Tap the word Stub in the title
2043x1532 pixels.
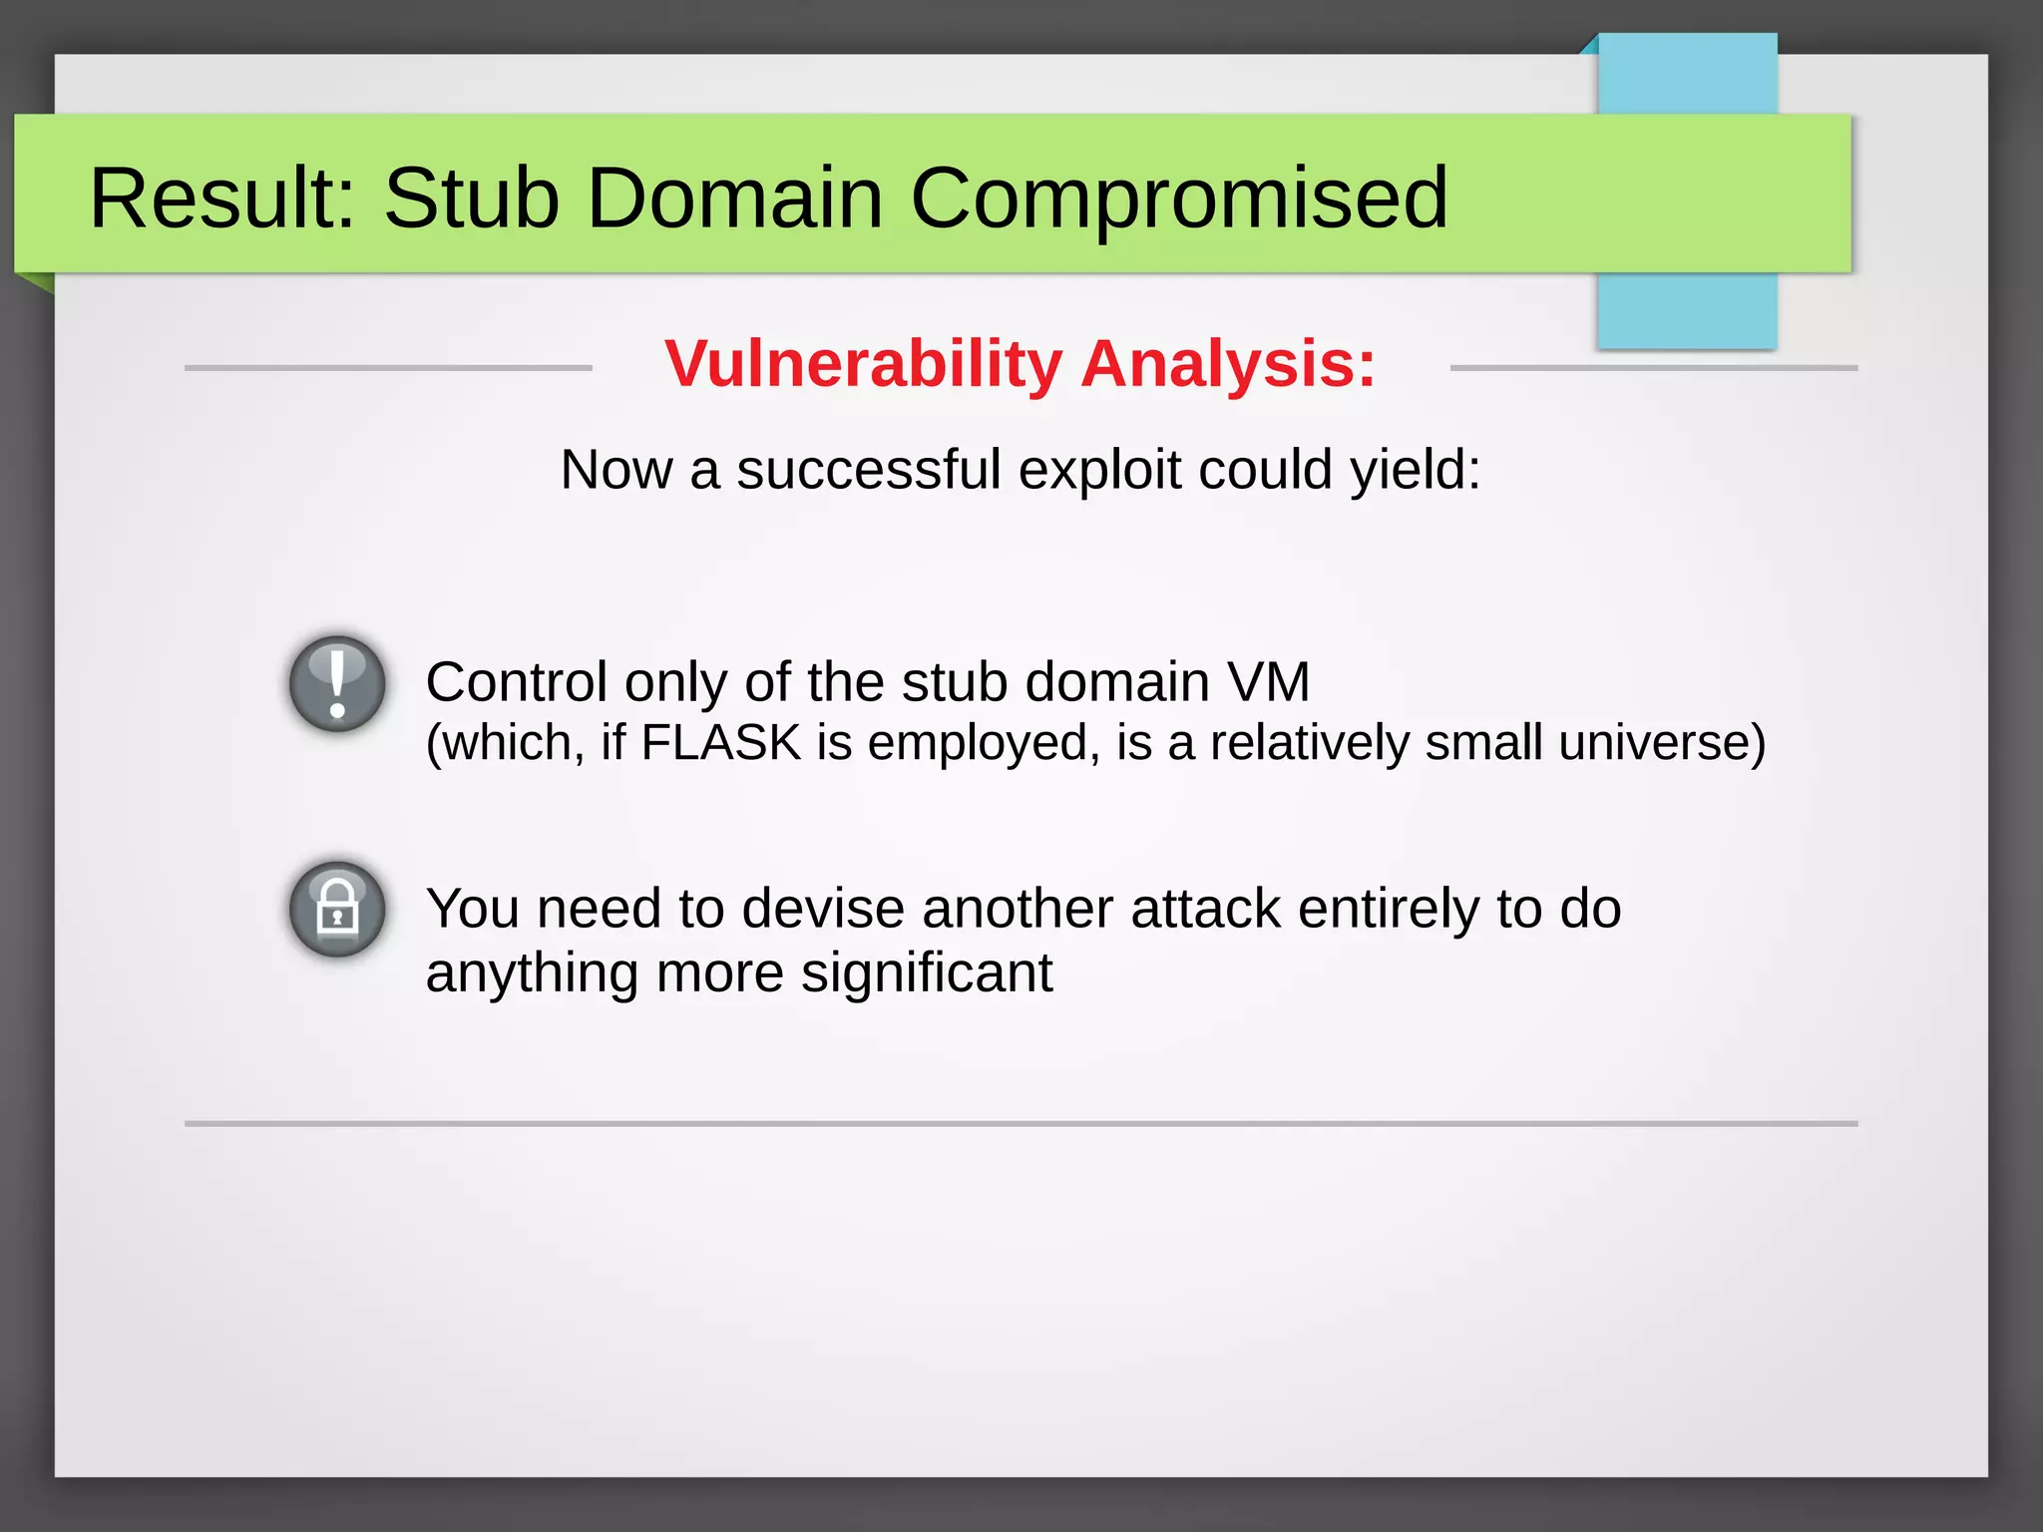[471, 197]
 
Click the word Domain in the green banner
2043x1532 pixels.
[734, 197]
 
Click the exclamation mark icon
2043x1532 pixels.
[337, 684]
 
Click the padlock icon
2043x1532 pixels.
[337, 910]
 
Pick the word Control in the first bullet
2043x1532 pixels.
[517, 682]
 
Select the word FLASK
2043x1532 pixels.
[721, 743]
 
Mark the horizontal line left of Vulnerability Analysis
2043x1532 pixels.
[388, 368]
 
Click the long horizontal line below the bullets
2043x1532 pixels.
[1021, 1124]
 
